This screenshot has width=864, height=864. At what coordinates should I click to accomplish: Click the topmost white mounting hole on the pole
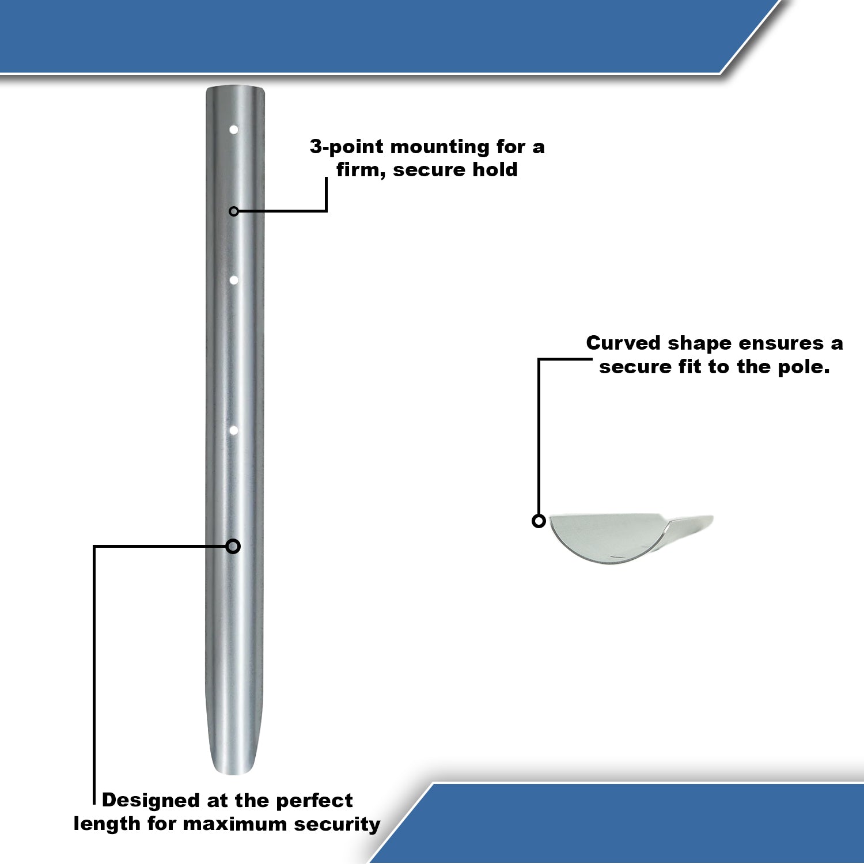(x=234, y=130)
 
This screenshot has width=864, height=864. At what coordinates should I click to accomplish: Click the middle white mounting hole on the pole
(x=234, y=280)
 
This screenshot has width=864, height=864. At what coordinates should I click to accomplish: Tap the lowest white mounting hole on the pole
(x=234, y=430)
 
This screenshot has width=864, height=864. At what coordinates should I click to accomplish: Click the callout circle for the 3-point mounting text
(x=233, y=211)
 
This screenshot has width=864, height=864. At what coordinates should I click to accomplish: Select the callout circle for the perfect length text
(x=233, y=546)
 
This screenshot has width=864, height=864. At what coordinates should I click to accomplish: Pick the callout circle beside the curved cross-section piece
(x=539, y=521)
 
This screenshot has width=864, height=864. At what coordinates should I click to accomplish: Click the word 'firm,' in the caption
(x=361, y=170)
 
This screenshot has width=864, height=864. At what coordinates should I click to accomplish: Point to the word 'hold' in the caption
(x=495, y=170)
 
